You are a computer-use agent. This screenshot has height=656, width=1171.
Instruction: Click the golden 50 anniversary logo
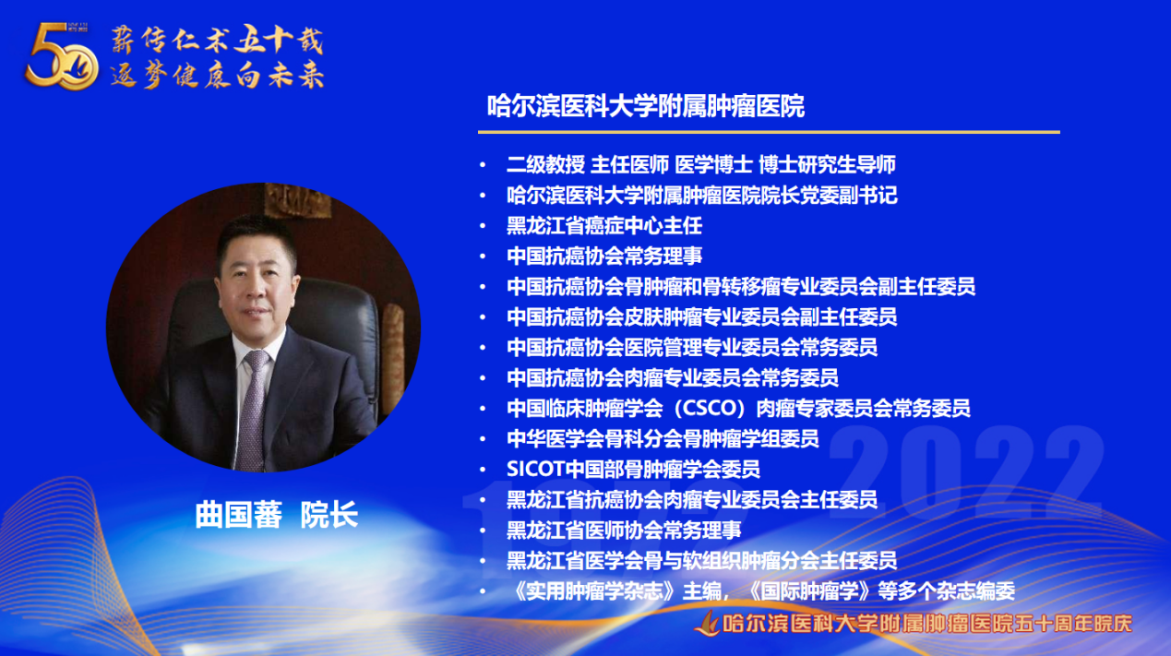pyautogui.click(x=62, y=56)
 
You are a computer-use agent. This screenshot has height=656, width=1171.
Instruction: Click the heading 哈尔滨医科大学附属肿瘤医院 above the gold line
pyautogui.click(x=646, y=107)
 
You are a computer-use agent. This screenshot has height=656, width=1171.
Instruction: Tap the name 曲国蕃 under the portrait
pyautogui.click(x=239, y=515)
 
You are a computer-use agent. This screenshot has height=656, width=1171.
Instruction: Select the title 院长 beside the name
pyautogui.click(x=329, y=515)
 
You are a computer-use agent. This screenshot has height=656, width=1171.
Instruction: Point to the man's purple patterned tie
pyautogui.click(x=254, y=408)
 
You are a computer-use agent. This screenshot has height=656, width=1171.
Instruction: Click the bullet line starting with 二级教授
pyautogui.click(x=701, y=164)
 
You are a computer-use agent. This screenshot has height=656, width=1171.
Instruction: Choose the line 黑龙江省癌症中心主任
pyautogui.click(x=604, y=226)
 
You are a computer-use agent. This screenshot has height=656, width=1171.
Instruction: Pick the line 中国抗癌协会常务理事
pyautogui.click(x=604, y=256)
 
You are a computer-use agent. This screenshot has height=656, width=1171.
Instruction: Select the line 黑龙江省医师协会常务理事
pyautogui.click(x=624, y=530)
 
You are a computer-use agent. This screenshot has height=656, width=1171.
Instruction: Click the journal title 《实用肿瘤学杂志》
pyautogui.click(x=594, y=591)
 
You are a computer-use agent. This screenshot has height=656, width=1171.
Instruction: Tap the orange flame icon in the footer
pyautogui.click(x=707, y=623)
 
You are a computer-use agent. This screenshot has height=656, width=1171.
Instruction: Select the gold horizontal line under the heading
pyautogui.click(x=769, y=132)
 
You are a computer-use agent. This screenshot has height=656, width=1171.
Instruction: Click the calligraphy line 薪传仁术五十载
pyautogui.click(x=217, y=41)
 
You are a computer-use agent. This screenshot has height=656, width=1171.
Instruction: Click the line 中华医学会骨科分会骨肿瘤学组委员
pyautogui.click(x=663, y=438)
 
